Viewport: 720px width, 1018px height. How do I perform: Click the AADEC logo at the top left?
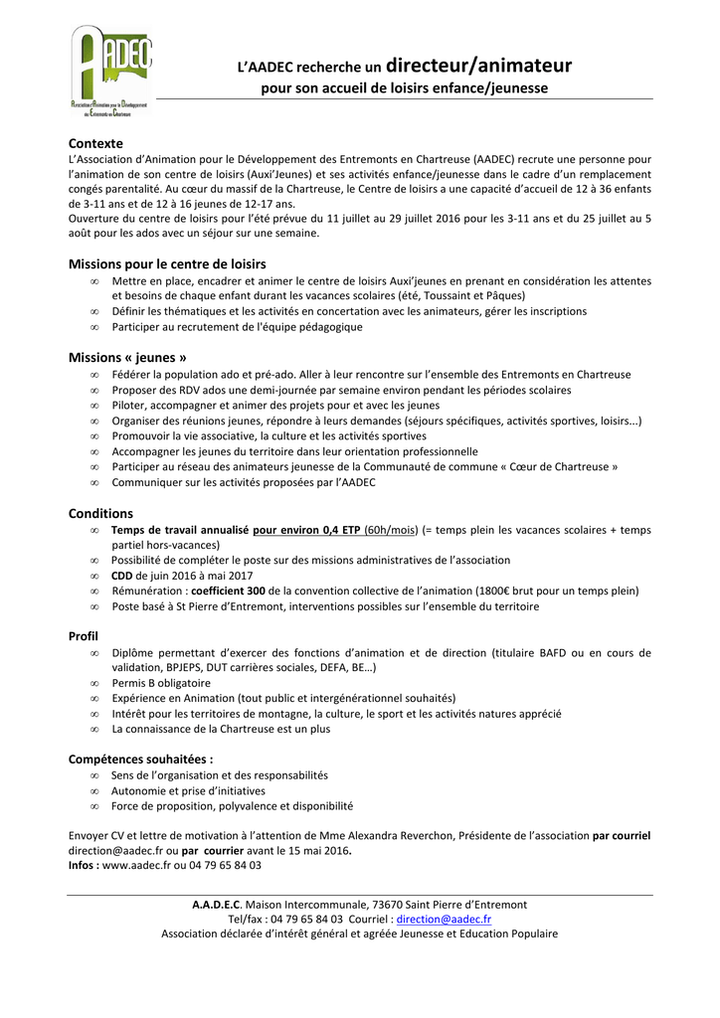(x=109, y=70)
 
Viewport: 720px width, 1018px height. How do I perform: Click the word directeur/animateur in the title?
(x=478, y=67)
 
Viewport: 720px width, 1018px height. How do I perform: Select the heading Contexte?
(x=95, y=143)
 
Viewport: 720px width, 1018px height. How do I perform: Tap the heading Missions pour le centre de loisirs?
(x=167, y=264)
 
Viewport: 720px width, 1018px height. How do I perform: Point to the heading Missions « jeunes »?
(x=127, y=357)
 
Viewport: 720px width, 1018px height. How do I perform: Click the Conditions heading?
(x=100, y=513)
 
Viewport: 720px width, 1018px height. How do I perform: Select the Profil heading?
(x=84, y=635)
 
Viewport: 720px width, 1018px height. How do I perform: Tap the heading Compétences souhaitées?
(x=140, y=759)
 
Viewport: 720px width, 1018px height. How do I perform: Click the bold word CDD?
(x=121, y=575)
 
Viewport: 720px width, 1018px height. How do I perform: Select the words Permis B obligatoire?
(x=161, y=683)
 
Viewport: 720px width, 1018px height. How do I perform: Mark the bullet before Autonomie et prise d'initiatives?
(x=94, y=790)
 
